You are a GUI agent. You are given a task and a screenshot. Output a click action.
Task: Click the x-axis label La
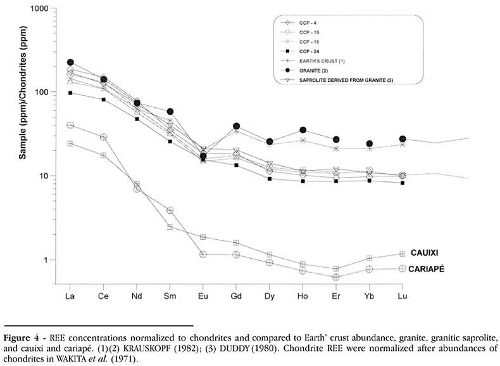tap(70, 297)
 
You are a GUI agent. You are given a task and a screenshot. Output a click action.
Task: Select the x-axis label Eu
tap(203, 297)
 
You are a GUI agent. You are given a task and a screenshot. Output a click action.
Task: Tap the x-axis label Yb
tap(369, 297)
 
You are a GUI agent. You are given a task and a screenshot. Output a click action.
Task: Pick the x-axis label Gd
tap(237, 297)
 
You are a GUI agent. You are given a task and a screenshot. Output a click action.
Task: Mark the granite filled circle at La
tap(70, 63)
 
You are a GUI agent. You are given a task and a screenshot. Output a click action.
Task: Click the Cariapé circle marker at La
tap(70, 125)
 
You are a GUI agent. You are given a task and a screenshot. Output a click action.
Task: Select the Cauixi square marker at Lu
tap(402, 254)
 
